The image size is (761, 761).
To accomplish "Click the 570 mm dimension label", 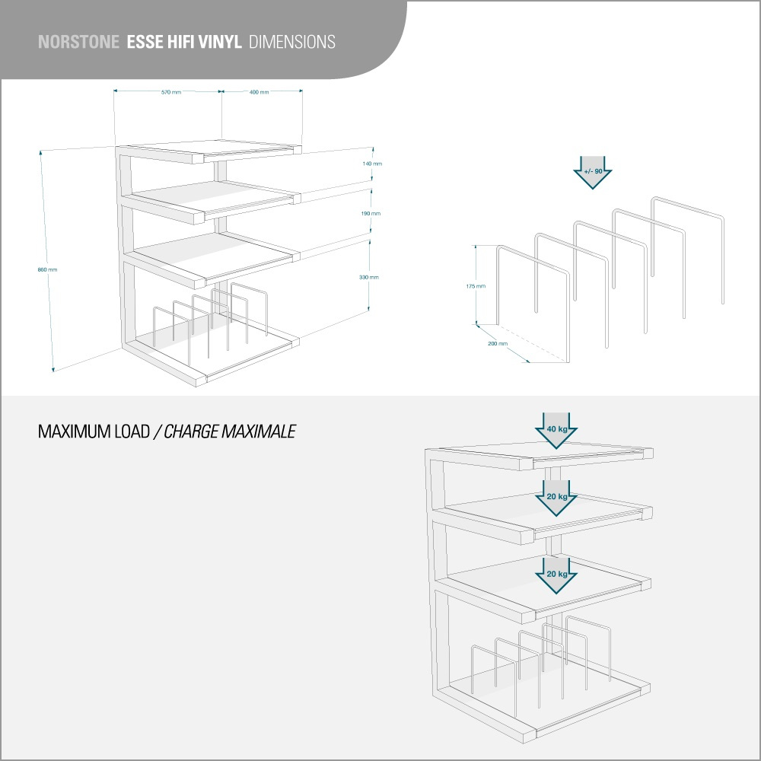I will (171, 92).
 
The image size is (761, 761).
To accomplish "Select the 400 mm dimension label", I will (259, 92).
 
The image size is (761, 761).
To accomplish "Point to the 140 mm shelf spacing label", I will (372, 164).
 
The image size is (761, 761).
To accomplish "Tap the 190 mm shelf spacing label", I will (371, 214).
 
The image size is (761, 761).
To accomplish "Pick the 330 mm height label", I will (369, 277).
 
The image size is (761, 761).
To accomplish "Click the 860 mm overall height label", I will (47, 269).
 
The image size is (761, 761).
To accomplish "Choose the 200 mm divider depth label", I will (498, 344).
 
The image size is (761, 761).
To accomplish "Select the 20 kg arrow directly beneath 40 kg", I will (557, 497).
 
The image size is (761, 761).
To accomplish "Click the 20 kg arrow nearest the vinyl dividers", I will (557, 575).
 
